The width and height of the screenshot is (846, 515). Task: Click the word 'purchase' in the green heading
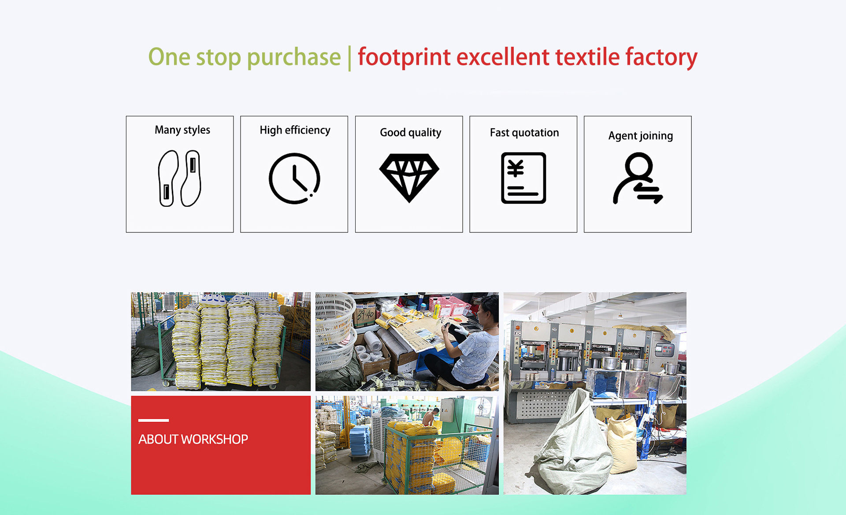point(293,58)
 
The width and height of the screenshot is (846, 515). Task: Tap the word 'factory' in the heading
point(661,58)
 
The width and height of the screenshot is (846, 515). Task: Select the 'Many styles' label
point(182,130)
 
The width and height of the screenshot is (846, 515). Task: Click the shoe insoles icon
point(180,178)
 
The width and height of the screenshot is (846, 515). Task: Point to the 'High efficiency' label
point(295,130)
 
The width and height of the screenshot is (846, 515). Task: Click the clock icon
point(294,178)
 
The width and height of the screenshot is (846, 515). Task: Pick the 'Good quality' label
point(410,133)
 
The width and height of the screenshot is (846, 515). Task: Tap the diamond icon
point(409,178)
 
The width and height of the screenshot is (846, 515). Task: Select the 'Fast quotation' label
point(524,133)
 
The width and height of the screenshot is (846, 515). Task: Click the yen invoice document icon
point(523,178)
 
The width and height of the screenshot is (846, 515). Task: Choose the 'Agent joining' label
point(641,136)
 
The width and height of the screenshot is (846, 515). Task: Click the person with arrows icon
point(638,178)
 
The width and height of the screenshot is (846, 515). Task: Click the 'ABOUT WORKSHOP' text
point(193,439)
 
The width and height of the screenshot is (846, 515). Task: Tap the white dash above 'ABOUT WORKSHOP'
point(153,420)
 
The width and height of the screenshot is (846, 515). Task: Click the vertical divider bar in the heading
point(349,58)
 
